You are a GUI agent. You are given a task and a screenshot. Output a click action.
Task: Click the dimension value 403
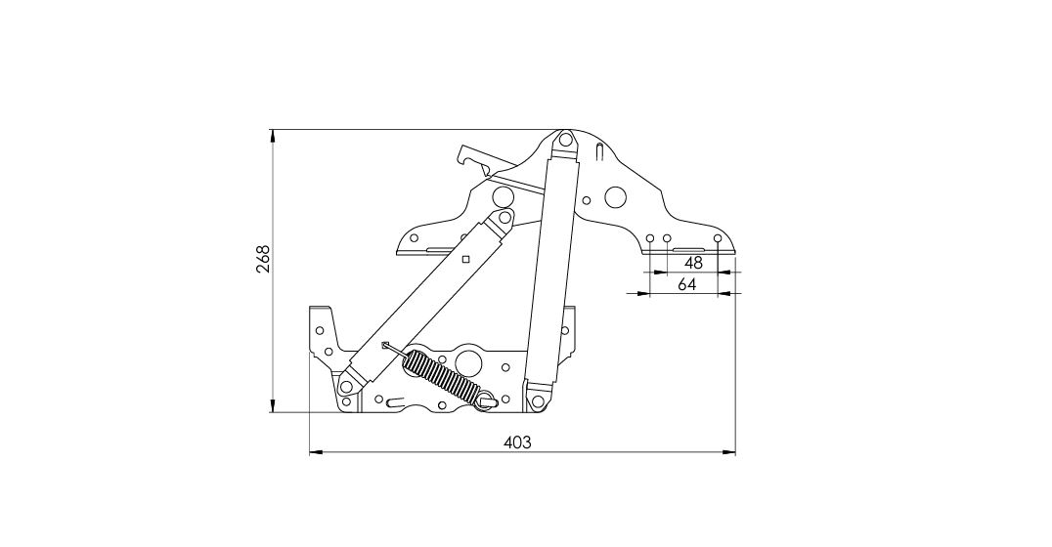516,442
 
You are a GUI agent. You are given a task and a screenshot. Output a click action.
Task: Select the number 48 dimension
693,263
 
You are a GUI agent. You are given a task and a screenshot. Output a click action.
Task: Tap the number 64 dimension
687,284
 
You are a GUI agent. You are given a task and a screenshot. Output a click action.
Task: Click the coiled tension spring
440,376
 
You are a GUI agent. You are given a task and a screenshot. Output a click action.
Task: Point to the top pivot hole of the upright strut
565,141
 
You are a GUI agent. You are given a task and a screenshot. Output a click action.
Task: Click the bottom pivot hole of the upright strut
537,400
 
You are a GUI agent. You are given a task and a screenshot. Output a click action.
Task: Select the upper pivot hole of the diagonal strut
503,218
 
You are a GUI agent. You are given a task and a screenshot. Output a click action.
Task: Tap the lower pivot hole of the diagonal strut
347,386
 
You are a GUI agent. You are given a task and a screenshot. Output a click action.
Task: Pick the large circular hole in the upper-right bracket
615,197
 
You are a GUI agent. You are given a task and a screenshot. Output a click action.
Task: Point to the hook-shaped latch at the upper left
473,158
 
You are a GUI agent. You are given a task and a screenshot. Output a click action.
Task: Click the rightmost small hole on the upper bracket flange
718,238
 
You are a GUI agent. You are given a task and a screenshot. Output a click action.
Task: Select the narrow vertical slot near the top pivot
599,152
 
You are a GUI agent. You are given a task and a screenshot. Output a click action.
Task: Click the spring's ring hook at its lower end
488,400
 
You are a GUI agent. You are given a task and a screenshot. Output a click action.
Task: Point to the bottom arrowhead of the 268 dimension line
273,405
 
